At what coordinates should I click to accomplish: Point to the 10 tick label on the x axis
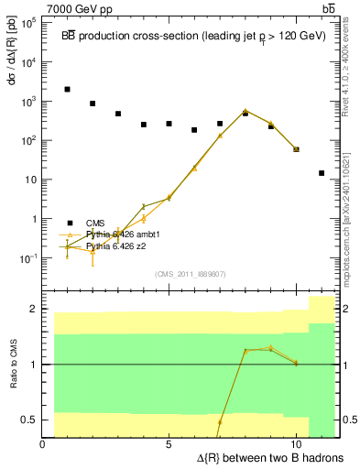click(x=296, y=444)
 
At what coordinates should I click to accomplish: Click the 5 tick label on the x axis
click(x=169, y=444)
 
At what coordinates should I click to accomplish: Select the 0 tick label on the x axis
click(x=43, y=444)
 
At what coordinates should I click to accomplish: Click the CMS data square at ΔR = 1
click(x=68, y=90)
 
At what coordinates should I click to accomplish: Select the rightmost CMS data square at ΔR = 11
click(x=322, y=173)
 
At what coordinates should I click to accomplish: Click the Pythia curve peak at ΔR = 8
click(x=245, y=111)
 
